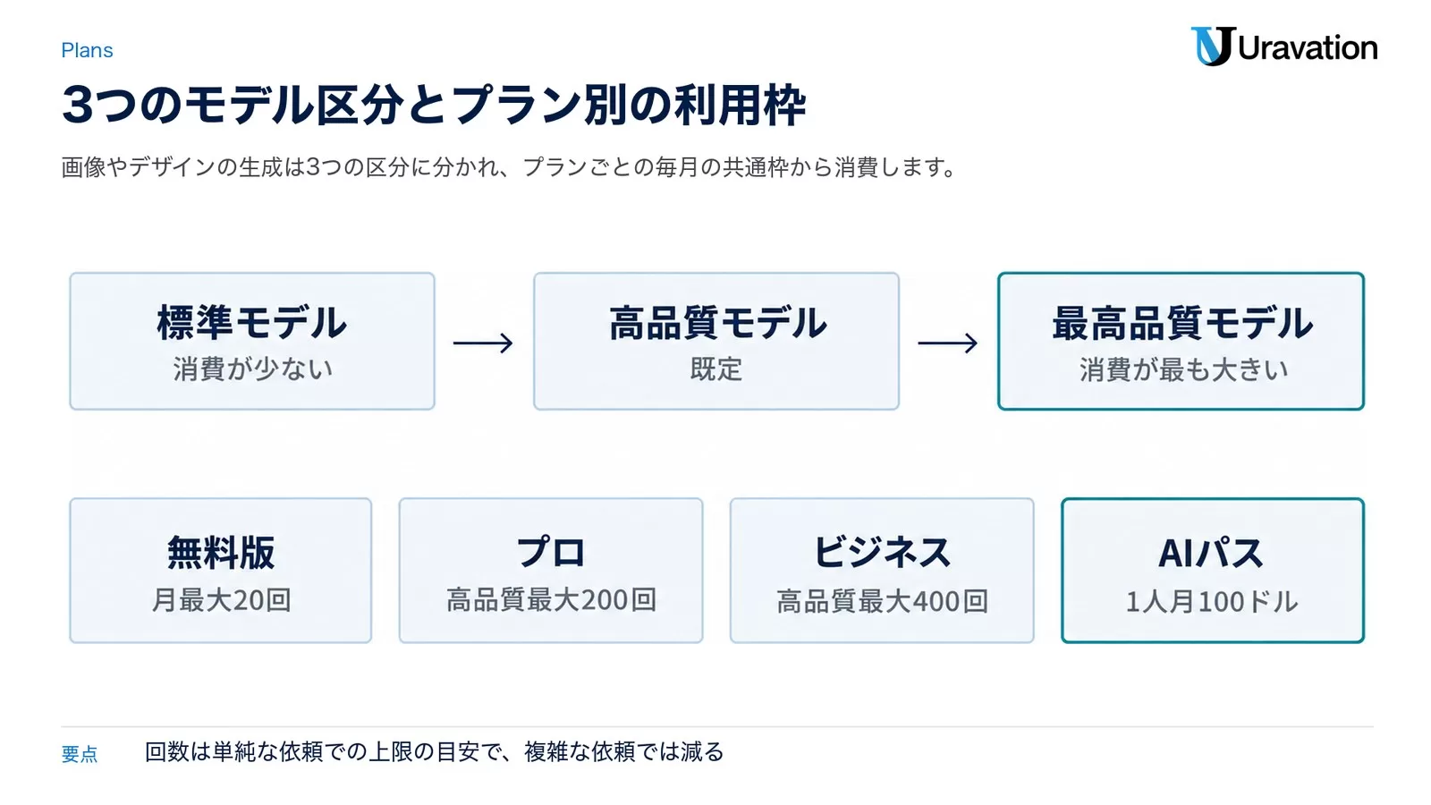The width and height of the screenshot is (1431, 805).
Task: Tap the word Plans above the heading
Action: click(x=87, y=50)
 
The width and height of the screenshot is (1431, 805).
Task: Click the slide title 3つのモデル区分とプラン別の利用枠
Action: click(x=434, y=105)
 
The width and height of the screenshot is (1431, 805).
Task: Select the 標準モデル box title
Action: click(x=251, y=323)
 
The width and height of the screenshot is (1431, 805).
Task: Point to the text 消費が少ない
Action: click(x=252, y=369)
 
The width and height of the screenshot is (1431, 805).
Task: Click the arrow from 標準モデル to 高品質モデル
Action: click(x=483, y=343)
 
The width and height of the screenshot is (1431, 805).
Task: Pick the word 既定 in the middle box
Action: click(x=716, y=369)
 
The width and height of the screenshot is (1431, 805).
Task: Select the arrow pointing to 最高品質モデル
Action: click(x=947, y=343)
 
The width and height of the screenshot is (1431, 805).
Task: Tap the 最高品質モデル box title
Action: click(x=1181, y=323)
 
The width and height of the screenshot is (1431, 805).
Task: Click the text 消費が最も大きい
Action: click(x=1183, y=370)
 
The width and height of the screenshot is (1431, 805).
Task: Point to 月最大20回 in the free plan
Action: click(x=221, y=600)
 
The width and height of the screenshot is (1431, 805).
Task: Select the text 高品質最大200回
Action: click(x=551, y=600)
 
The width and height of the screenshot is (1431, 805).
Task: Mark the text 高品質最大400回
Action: click(x=882, y=601)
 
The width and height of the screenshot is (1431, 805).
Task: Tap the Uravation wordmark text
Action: click(x=1308, y=48)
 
